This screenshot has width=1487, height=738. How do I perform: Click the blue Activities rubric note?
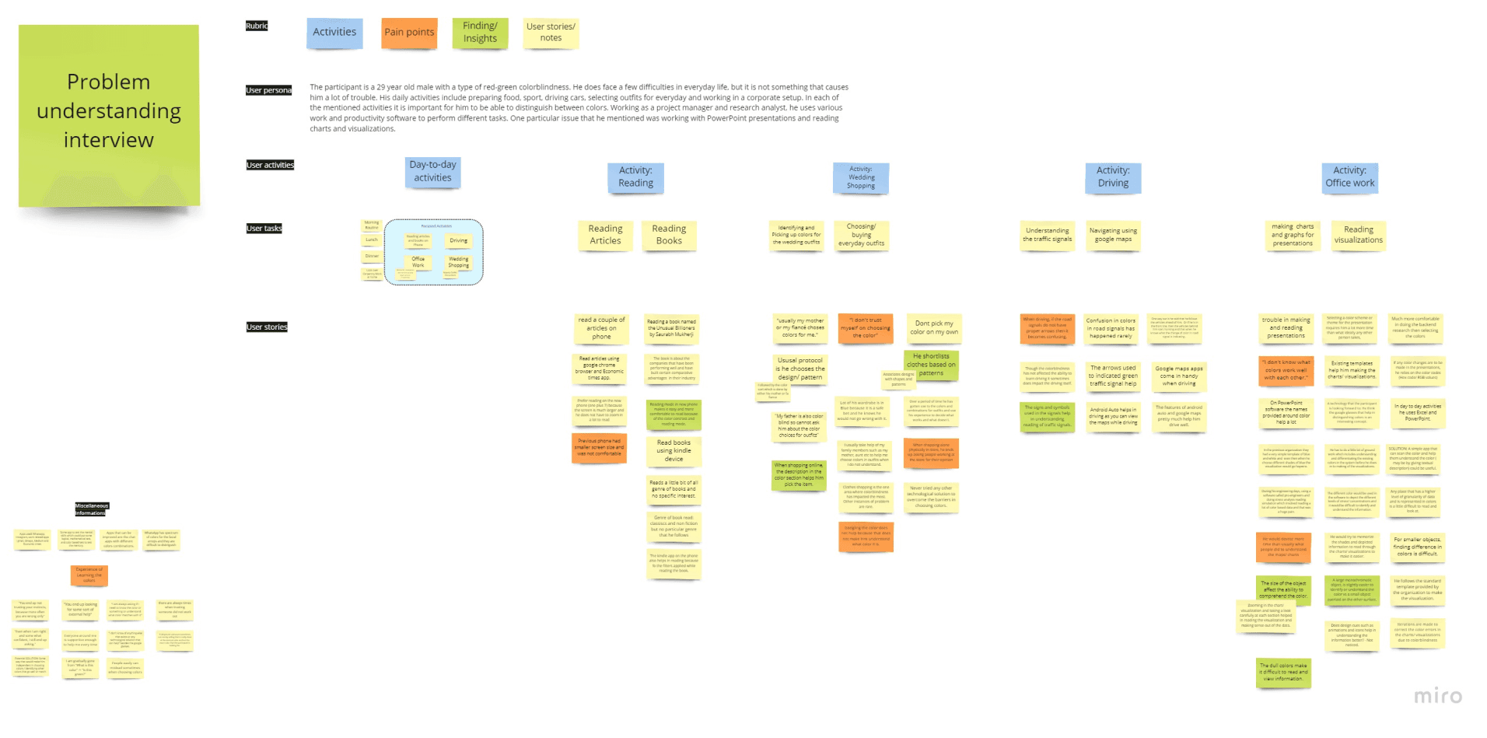tap(334, 33)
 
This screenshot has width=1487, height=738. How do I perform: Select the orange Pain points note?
tap(409, 33)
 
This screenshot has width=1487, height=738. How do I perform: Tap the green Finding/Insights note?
tap(480, 33)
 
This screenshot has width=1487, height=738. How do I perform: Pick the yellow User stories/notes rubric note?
tap(551, 33)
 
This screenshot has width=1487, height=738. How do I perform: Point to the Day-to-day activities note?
tap(432, 172)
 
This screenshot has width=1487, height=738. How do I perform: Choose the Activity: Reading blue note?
tap(635, 177)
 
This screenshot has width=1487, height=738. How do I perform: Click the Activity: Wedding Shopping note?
tap(860, 178)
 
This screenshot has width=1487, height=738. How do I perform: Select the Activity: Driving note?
tap(1113, 177)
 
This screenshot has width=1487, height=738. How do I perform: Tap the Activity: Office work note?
tap(1349, 177)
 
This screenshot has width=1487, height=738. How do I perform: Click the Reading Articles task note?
tap(605, 235)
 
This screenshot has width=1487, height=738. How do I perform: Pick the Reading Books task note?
tap(669, 235)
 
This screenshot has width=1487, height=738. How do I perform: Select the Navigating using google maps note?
tap(1113, 235)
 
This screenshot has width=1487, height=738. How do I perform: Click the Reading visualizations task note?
tap(1358, 235)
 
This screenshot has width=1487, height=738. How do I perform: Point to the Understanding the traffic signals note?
tap(1047, 235)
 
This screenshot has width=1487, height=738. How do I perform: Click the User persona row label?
tap(268, 90)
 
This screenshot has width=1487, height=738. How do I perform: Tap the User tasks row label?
tap(264, 229)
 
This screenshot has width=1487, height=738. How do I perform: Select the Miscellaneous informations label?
tap(91, 509)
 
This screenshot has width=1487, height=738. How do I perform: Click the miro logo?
tap(1437, 695)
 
